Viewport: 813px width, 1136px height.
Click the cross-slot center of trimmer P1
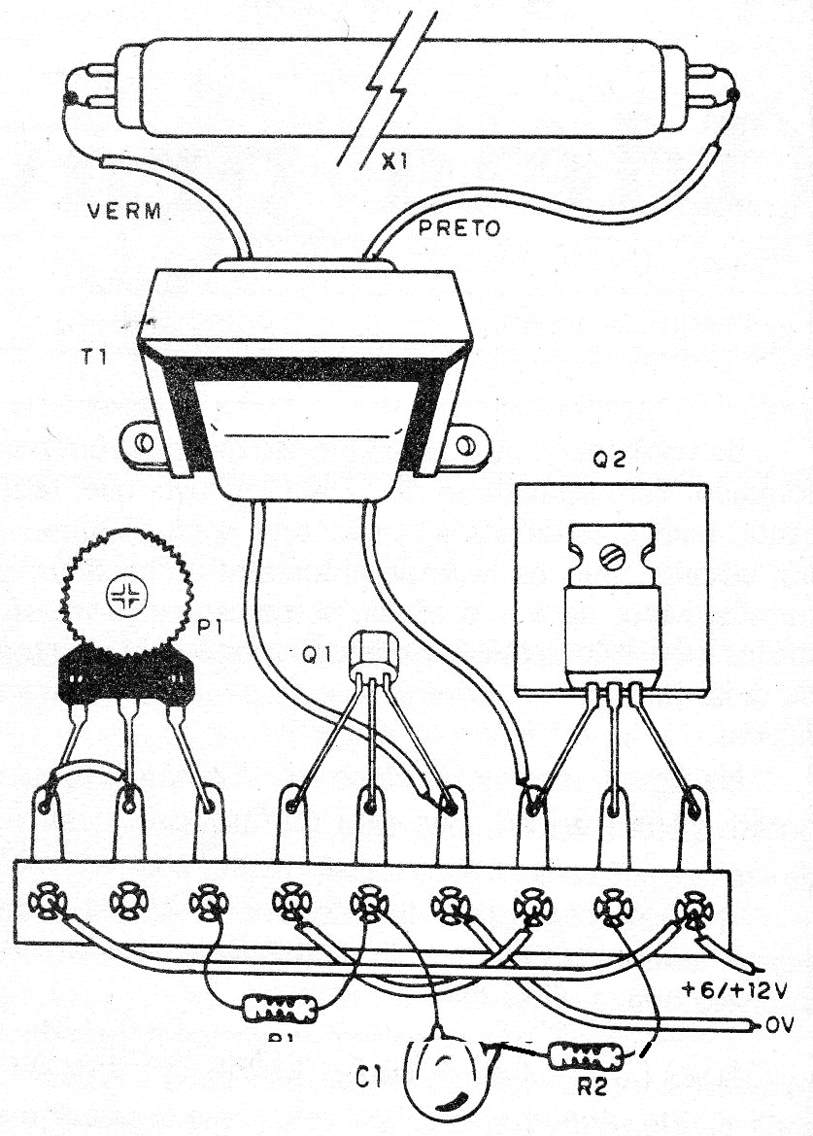(125, 594)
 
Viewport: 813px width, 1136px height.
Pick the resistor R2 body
(580, 1055)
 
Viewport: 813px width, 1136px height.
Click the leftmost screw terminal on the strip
(45, 901)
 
